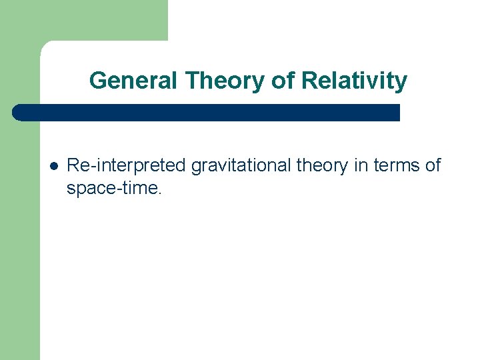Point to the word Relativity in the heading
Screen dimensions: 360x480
pyautogui.click(x=353, y=81)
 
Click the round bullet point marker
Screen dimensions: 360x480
pyautogui.click(x=53, y=165)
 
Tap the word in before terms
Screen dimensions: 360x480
pyautogui.click(x=361, y=165)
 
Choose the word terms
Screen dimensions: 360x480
pyautogui.click(x=396, y=165)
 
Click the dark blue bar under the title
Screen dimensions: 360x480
pyautogui.click(x=207, y=112)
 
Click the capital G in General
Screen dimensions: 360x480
pyautogui.click(x=97, y=81)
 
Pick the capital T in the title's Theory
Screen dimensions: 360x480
pyautogui.click(x=193, y=81)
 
